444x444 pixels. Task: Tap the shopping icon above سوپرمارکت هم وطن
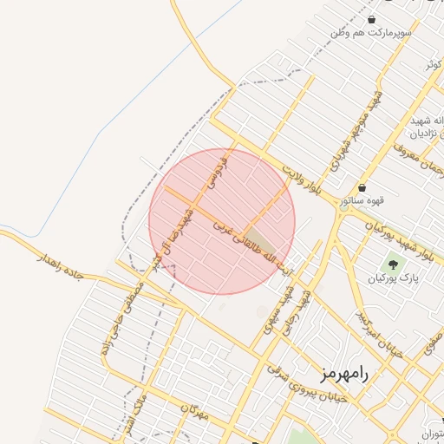372,19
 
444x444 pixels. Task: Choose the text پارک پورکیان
393,278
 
